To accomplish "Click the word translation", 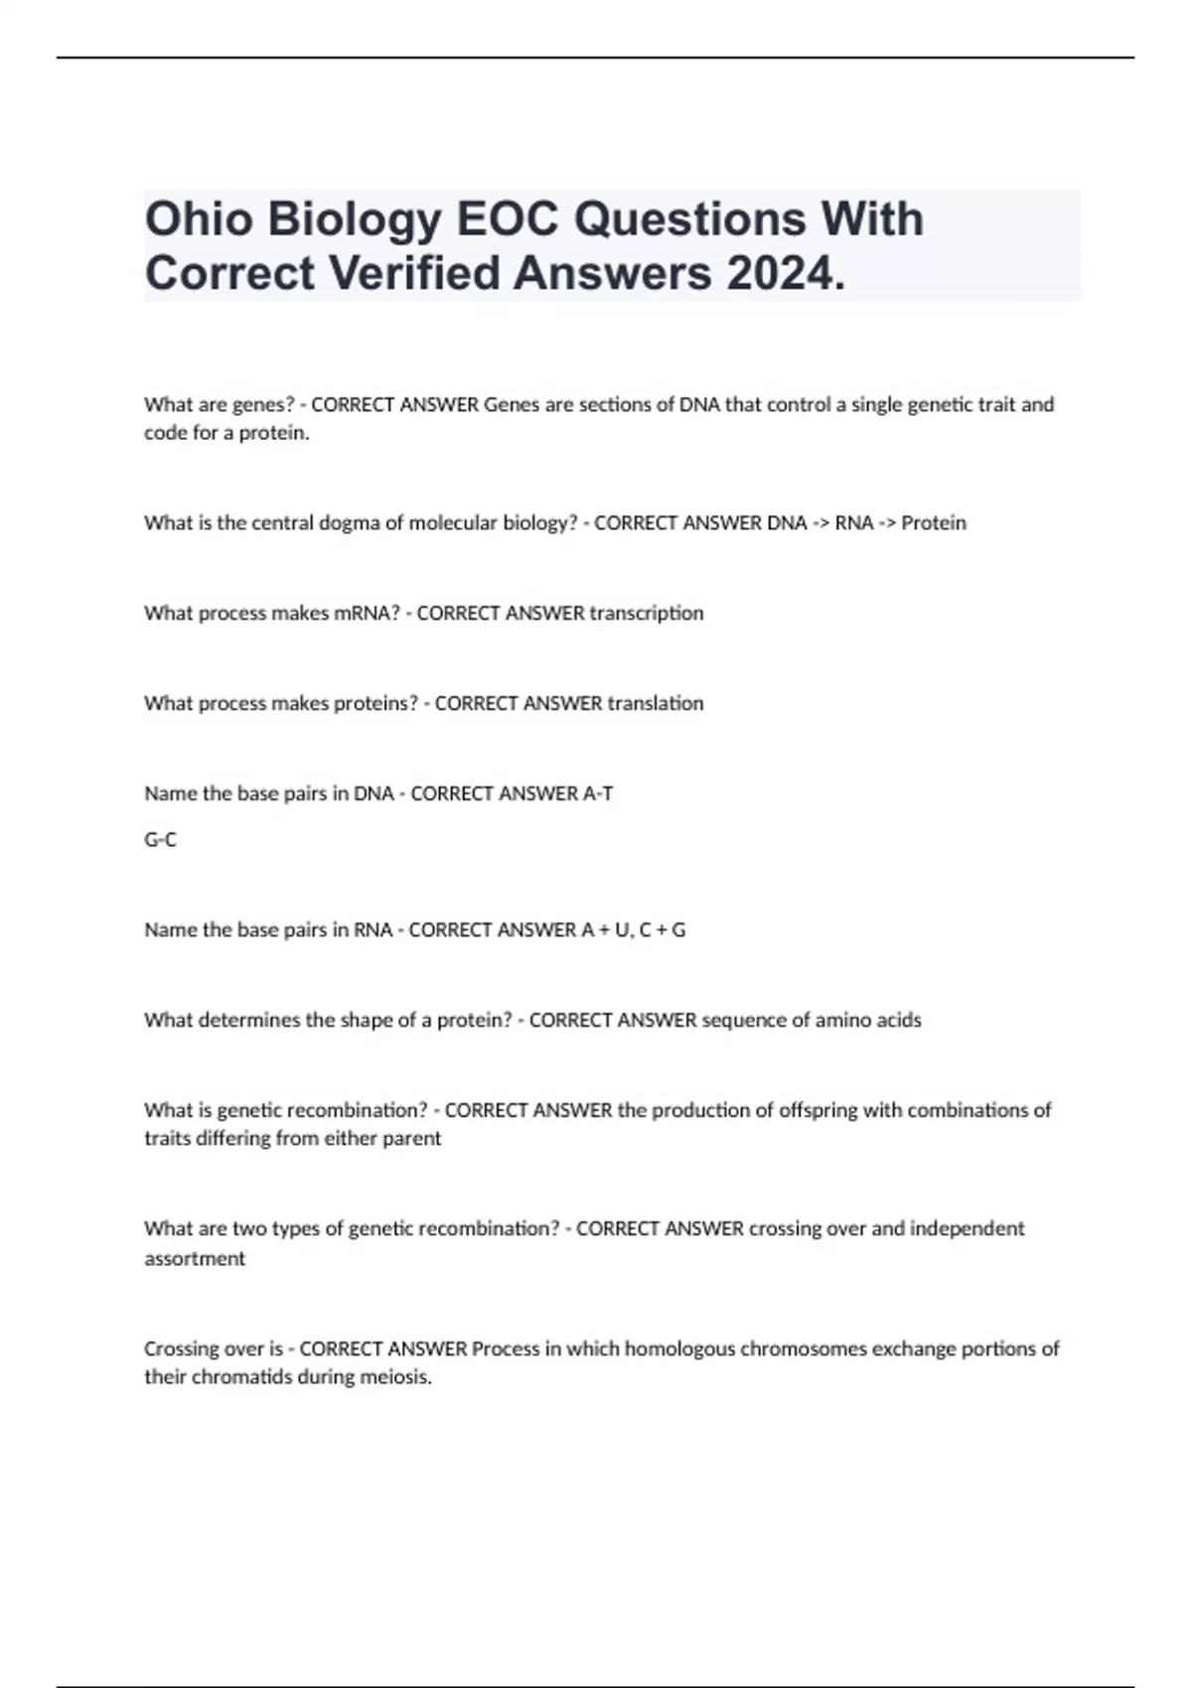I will click(656, 704).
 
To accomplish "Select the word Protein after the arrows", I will click(934, 523).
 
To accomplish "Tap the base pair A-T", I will click(596, 794).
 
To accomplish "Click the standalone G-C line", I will click(160, 840).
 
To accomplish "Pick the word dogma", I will click(349, 523).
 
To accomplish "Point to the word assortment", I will click(195, 1259).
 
